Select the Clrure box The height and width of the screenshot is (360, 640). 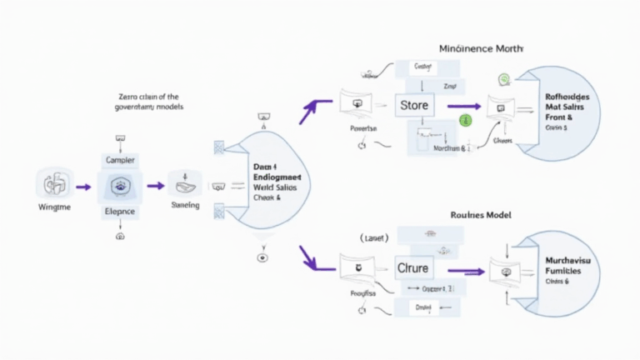coord(415,269)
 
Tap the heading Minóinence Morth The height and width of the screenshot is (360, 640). coord(481,48)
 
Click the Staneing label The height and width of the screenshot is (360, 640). coord(185,205)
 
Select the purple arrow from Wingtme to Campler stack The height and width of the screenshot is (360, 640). coord(82,188)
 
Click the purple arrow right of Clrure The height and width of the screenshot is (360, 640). coord(467,270)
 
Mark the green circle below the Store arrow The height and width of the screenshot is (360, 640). coord(466,121)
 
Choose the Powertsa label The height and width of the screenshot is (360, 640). coord(362,129)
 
